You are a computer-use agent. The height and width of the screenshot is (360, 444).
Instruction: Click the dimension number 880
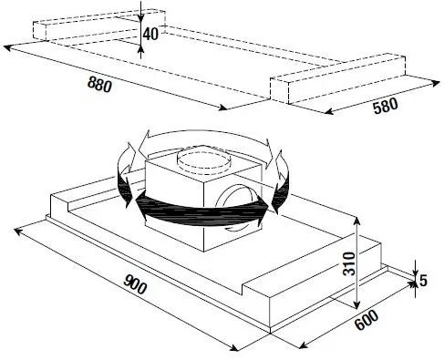point(99,84)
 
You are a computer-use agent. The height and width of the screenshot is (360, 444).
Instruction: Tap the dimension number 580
point(386,106)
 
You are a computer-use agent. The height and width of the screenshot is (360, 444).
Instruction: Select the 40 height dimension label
point(150,34)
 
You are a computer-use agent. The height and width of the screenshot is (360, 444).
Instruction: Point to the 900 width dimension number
point(135,284)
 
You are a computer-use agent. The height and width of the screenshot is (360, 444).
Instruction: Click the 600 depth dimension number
point(367,320)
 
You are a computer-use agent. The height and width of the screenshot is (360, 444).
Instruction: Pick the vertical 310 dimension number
point(348,263)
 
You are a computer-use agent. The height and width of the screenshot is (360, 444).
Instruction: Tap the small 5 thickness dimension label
point(423,281)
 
